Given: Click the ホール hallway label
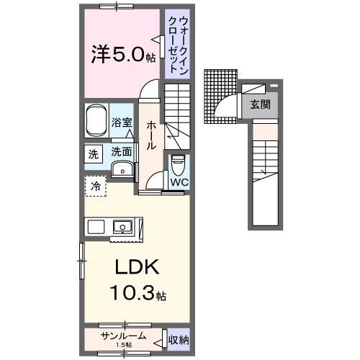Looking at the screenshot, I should point(151,135).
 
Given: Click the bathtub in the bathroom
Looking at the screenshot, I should point(96,122).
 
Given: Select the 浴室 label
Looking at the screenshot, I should point(122,123).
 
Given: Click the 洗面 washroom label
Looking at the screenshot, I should point(122,152).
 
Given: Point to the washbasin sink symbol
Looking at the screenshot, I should point(124,170).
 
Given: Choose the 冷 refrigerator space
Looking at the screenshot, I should point(95,186).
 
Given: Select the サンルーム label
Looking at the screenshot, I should point(124,336).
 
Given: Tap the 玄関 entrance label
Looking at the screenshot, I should point(261,104).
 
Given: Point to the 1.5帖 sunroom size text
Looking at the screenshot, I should point(124,344).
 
